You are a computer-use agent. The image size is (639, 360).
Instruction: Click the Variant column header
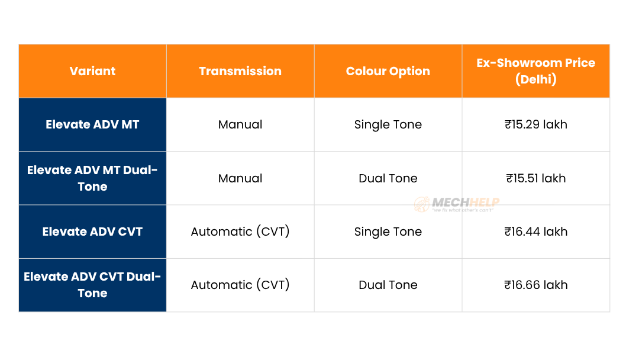(x=92, y=71)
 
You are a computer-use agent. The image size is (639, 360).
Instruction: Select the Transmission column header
(x=240, y=71)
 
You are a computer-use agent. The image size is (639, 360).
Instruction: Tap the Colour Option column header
(x=388, y=71)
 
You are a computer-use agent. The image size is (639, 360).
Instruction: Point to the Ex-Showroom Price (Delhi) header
(x=535, y=71)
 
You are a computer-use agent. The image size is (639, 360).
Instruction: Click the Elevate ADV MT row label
(x=92, y=124)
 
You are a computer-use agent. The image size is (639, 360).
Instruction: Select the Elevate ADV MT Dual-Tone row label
(x=92, y=178)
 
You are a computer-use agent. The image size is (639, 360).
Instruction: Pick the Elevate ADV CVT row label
(x=92, y=232)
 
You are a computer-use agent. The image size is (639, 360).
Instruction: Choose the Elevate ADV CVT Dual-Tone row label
(x=92, y=285)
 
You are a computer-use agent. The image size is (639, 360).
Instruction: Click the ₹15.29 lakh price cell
(x=535, y=124)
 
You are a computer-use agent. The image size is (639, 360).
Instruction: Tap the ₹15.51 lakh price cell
(x=535, y=178)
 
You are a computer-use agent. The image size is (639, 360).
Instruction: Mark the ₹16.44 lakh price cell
(x=535, y=232)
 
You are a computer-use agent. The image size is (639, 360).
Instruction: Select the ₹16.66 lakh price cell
(x=535, y=285)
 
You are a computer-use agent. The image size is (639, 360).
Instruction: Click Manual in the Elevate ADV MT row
(x=240, y=124)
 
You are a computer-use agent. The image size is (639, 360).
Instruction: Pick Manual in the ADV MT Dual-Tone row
(x=240, y=178)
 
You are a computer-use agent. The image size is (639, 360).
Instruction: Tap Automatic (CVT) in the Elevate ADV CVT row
(x=240, y=232)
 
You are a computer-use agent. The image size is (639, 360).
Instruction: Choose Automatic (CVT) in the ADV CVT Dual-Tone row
(x=240, y=285)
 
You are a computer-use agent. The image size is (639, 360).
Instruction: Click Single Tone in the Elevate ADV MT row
(x=388, y=124)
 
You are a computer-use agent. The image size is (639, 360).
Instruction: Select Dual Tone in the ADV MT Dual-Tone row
(x=388, y=178)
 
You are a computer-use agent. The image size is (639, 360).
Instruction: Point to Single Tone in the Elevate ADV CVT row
(x=388, y=232)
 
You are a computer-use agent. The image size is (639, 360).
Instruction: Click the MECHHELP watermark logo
(x=457, y=204)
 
